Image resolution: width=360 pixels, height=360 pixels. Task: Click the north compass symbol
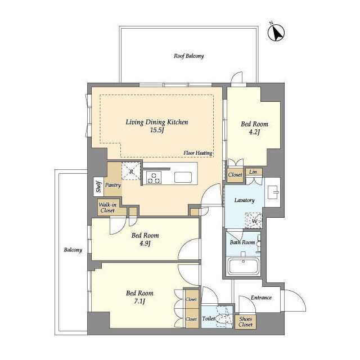276,33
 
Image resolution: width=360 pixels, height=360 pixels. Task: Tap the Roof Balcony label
188,56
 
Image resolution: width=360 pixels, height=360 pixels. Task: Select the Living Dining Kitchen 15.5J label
157,126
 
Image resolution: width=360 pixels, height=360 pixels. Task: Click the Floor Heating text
197,153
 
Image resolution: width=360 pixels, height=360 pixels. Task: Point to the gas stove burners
154,177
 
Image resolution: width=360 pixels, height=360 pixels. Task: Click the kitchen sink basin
183,177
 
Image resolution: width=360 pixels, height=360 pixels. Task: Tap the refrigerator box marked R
131,171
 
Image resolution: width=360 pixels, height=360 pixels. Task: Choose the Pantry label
112,185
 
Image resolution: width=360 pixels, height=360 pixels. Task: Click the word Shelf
99,186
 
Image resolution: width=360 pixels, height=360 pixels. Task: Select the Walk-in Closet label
107,208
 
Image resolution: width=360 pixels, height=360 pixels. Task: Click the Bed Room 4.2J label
254,128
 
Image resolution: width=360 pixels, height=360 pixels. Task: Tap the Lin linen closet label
253,172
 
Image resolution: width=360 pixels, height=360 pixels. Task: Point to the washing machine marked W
254,221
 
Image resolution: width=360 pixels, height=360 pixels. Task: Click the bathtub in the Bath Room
243,266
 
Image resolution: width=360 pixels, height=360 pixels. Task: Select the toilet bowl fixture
222,318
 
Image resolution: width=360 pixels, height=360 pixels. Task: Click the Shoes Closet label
245,322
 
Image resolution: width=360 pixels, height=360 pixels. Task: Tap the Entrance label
261,298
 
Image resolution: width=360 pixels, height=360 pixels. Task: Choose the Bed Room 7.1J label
139,297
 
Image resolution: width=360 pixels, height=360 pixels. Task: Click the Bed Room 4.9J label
145,239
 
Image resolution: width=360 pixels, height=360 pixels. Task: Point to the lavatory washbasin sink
273,192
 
